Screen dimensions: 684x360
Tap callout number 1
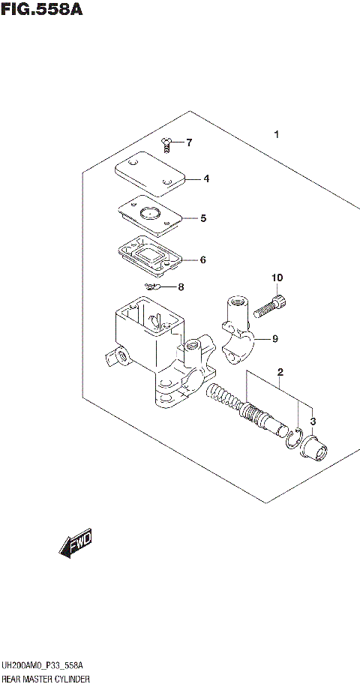pyautogui.click(x=277, y=136)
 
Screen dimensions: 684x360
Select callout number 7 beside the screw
pyautogui.click(x=189, y=142)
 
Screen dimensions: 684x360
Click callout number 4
pyautogui.click(x=205, y=179)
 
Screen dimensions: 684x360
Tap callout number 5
pyautogui.click(x=202, y=219)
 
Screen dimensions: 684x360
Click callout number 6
pyautogui.click(x=202, y=260)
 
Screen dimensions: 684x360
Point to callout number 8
pyautogui.click(x=180, y=287)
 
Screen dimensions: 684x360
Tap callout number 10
pyautogui.click(x=277, y=278)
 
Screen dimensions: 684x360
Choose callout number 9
pyautogui.click(x=275, y=339)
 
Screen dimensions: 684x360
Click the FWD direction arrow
pyautogui.click(x=75, y=546)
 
